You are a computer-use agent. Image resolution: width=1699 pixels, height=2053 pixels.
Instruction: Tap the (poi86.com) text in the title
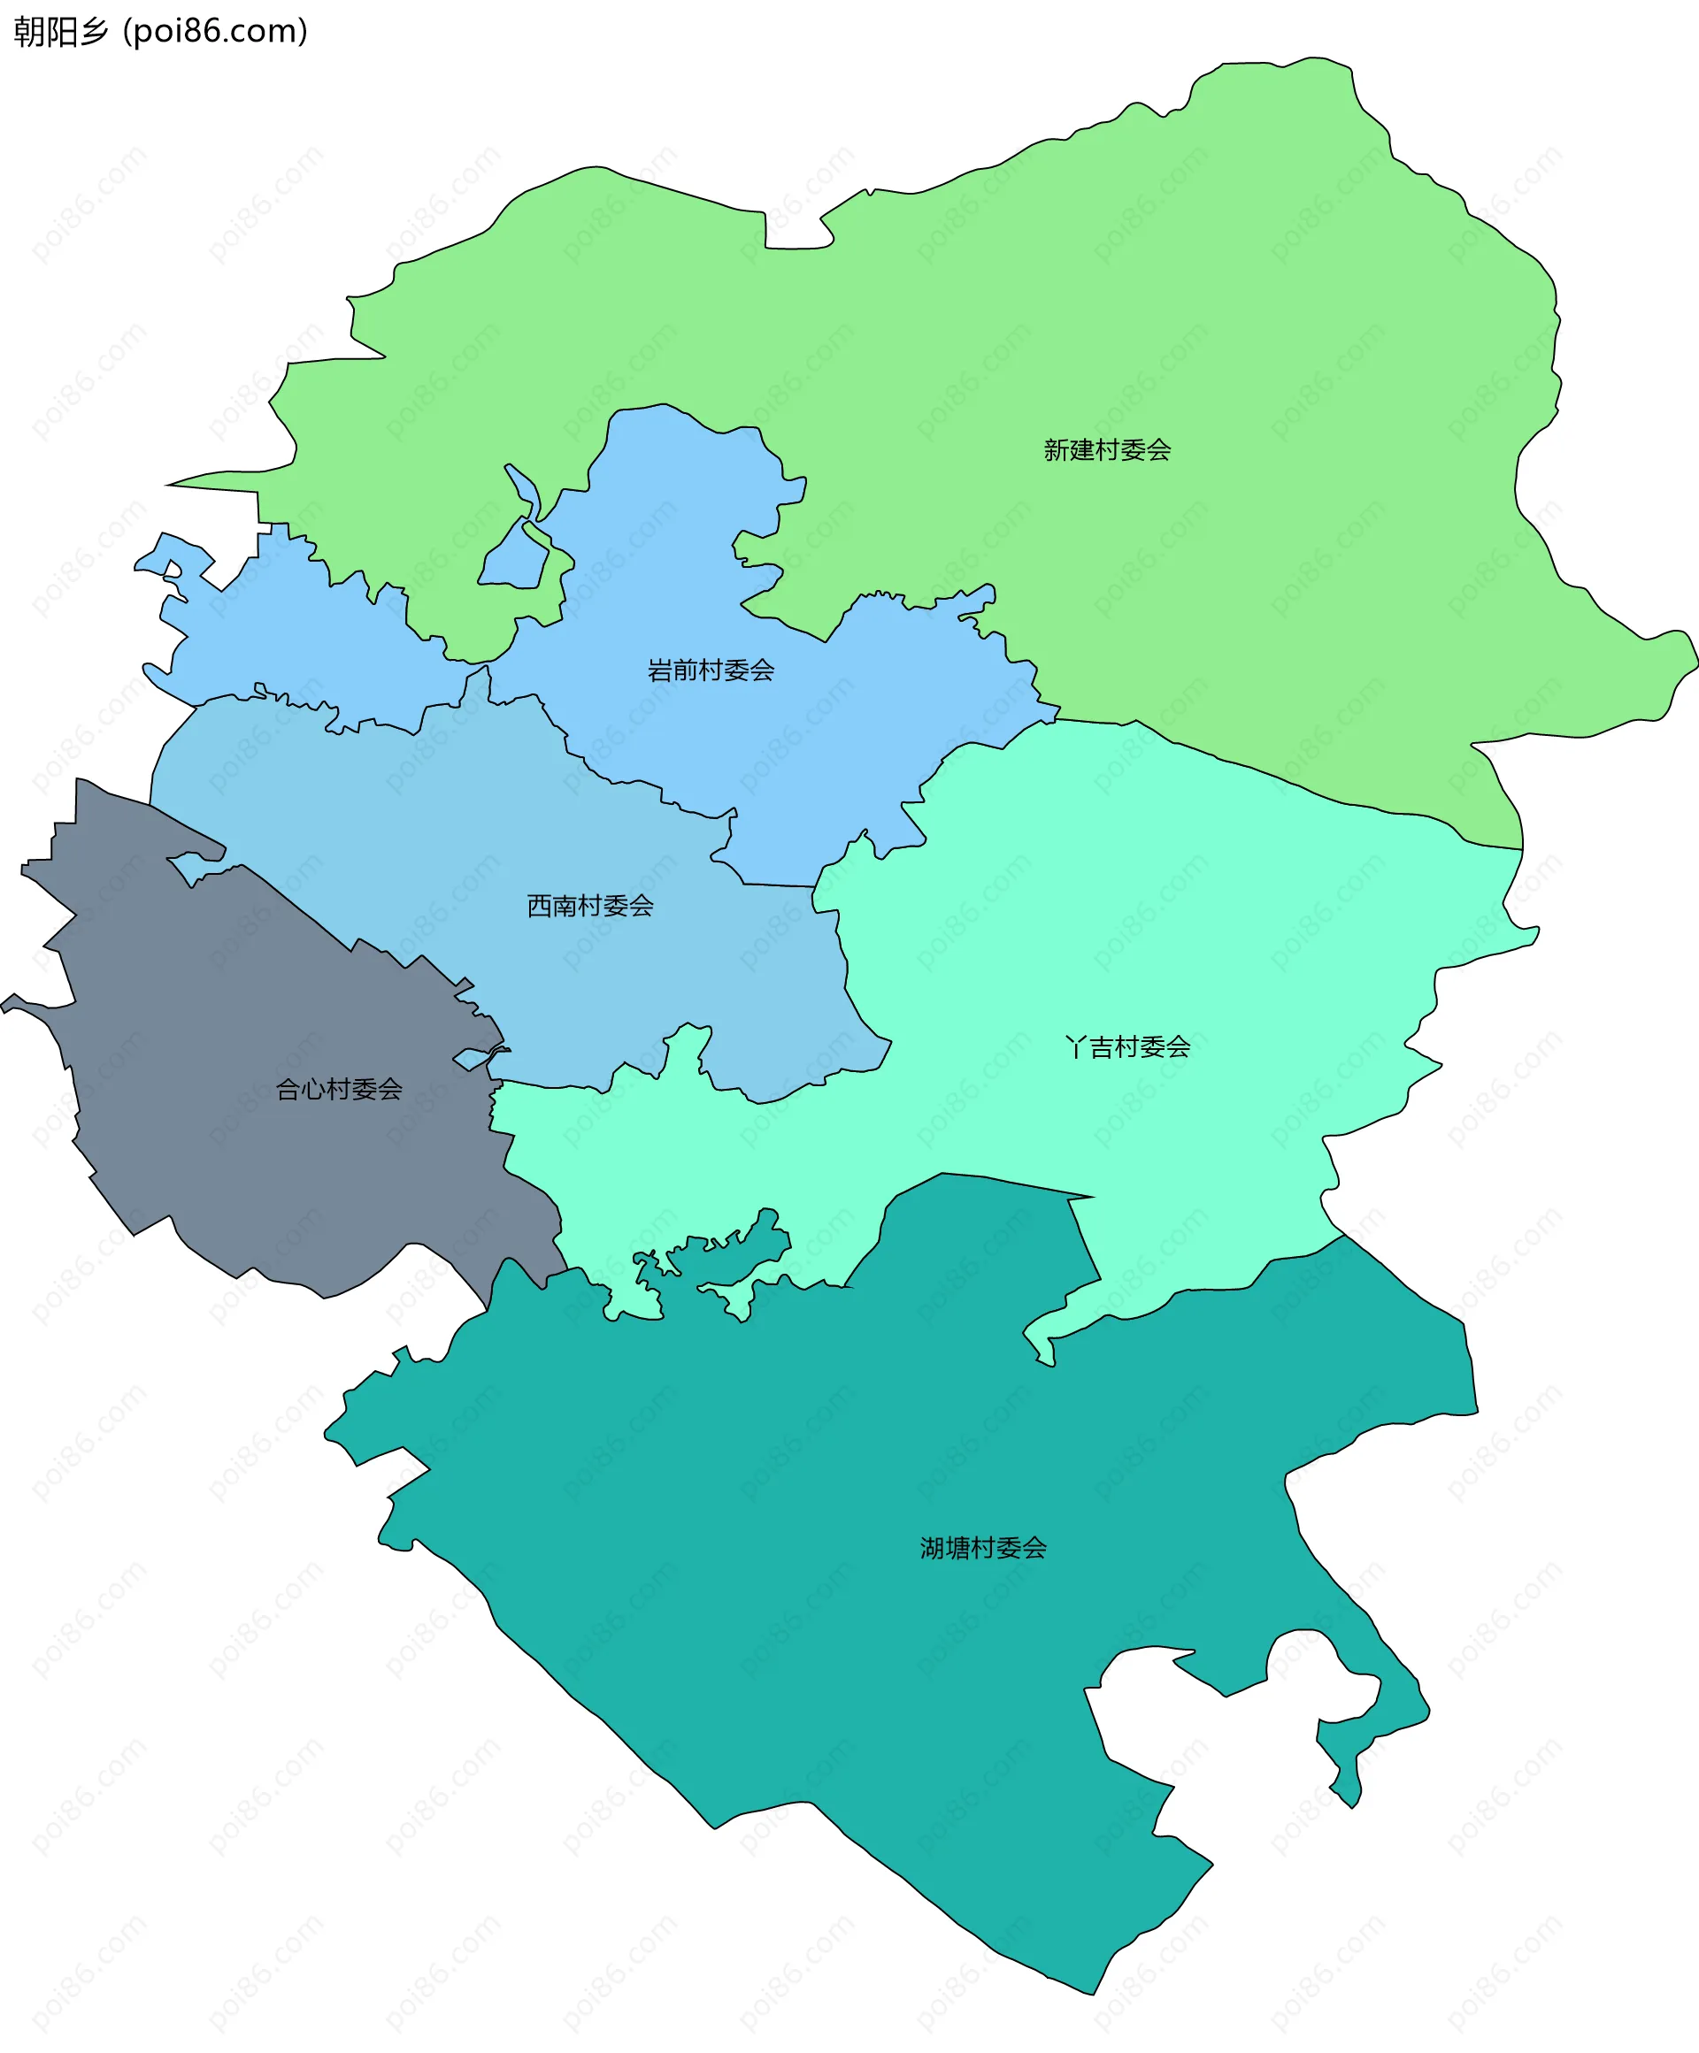[x=215, y=32]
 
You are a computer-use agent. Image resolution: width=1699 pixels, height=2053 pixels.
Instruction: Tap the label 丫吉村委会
[x=1127, y=1048]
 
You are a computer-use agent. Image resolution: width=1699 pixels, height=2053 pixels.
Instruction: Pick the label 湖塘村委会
[x=983, y=1548]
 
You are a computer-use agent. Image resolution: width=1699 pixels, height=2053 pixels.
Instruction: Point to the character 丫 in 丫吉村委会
[x=1076, y=1048]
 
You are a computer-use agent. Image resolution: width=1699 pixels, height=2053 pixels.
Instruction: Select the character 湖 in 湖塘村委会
[x=932, y=1548]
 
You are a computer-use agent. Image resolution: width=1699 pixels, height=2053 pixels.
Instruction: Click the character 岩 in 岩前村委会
[x=660, y=670]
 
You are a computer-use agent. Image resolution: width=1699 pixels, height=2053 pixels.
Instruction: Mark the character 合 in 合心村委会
[x=288, y=1089]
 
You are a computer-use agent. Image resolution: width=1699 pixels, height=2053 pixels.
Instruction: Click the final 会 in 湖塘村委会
[x=1034, y=1548]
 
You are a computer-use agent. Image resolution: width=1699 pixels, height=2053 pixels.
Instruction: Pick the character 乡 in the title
[x=94, y=32]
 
